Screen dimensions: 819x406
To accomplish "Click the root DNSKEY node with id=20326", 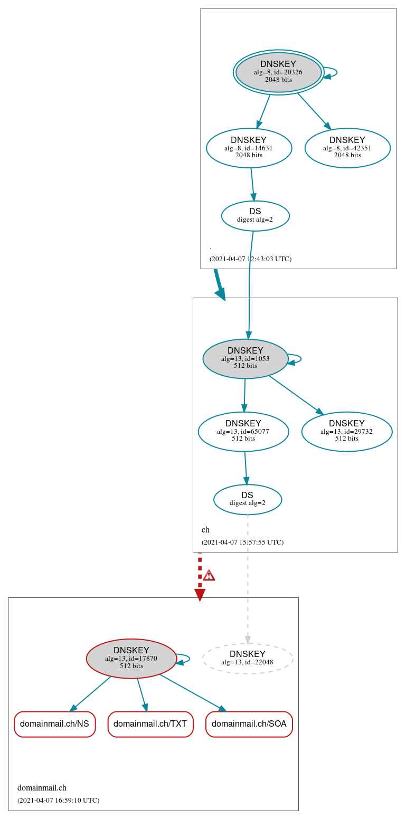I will (278, 72).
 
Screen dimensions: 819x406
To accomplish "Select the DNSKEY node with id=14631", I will (249, 148).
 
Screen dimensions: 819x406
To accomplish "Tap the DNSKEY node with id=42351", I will (347, 148).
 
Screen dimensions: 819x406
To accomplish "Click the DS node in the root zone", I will (255, 215).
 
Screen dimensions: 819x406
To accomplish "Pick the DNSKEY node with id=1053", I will (245, 358).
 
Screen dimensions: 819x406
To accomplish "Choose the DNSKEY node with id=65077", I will (243, 431).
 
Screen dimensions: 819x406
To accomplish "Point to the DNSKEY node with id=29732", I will (346, 431).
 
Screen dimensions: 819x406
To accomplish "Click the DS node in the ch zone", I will (247, 499).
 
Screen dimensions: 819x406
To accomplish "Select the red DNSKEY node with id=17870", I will (131, 658).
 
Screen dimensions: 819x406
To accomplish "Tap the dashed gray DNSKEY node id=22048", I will (247, 658).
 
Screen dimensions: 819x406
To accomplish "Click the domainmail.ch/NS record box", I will (54, 724).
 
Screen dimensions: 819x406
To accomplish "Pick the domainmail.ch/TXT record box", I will (150, 724).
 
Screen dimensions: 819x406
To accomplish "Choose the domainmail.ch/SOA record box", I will (249, 724).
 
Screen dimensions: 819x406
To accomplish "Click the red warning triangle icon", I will (209, 575).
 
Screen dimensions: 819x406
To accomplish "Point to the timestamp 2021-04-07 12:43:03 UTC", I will (250, 259).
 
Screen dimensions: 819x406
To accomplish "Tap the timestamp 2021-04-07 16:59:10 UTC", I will (58, 801).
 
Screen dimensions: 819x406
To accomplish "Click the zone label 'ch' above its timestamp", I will (205, 530).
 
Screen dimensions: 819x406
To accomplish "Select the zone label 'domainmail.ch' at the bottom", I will (42, 788).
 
